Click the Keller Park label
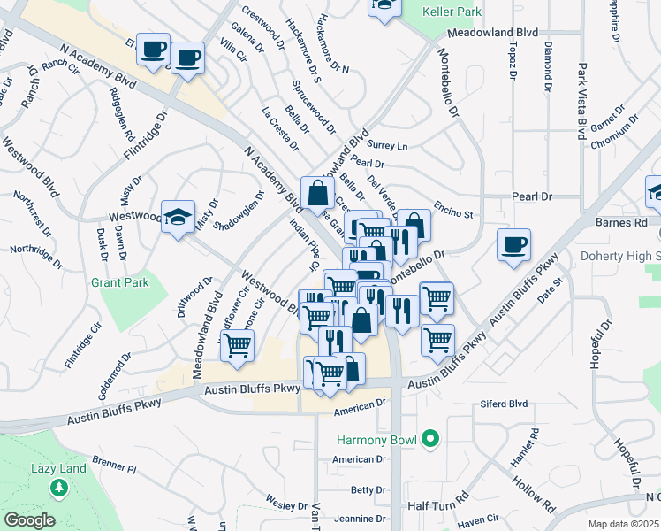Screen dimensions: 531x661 coord(452,12)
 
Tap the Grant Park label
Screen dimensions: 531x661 coord(119,283)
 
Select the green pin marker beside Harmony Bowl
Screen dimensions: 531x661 coord(429,439)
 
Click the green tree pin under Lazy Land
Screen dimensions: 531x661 coord(59,488)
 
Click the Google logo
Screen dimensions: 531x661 coord(29,519)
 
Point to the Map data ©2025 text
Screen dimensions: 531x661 coord(624,524)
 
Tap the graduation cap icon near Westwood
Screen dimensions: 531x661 coord(178,216)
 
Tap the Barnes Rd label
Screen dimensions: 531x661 coord(616,223)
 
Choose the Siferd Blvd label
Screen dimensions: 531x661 coord(505,404)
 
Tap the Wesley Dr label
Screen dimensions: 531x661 coord(286,504)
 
